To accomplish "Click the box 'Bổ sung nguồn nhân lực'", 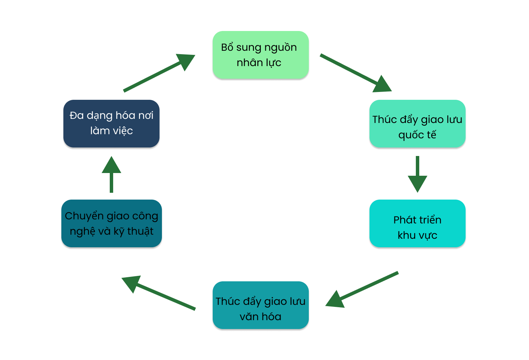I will [x=260, y=55].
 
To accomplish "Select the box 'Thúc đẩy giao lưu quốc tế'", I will [x=417, y=124].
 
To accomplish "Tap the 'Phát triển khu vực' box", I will [x=417, y=223].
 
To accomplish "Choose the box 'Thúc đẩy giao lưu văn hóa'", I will [x=260, y=305].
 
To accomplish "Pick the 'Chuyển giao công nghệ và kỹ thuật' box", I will [x=111, y=223].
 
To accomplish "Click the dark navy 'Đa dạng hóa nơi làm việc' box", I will [x=111, y=124].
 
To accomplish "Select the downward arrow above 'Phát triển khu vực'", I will [x=417, y=174].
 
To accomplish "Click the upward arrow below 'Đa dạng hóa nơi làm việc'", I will [x=111, y=174].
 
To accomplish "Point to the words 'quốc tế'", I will [x=417, y=135].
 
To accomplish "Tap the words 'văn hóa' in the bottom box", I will [x=260, y=317].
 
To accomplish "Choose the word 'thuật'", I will [x=140, y=232].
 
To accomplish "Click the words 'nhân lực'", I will [x=259, y=63].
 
